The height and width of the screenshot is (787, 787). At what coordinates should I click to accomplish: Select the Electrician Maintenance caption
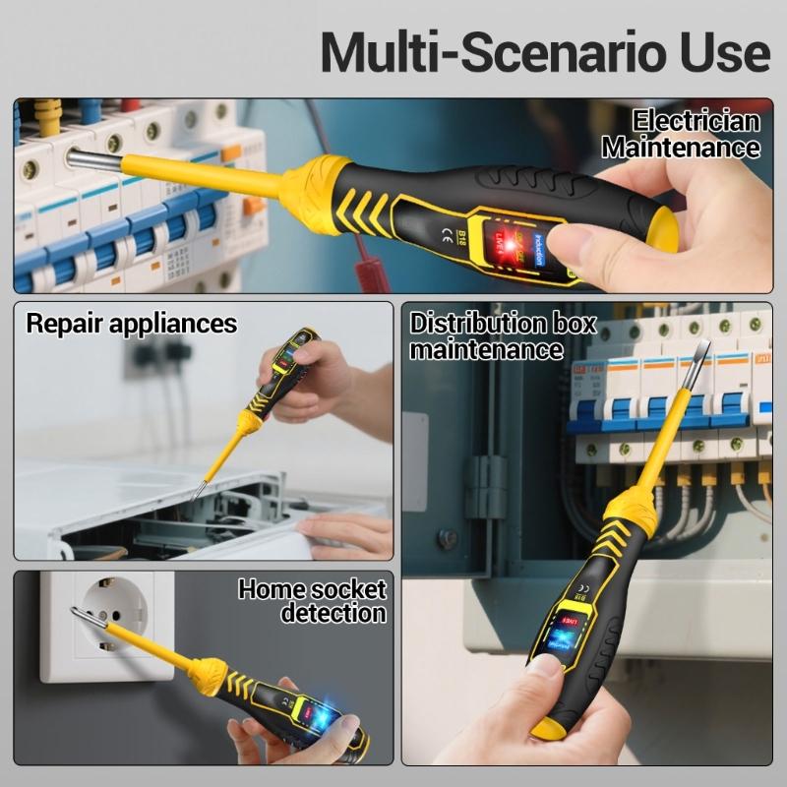[681, 135]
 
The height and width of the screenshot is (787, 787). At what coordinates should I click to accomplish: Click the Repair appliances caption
[131, 323]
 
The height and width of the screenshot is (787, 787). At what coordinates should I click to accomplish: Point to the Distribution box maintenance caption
[502, 335]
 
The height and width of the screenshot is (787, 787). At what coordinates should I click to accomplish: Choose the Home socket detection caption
[313, 601]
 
